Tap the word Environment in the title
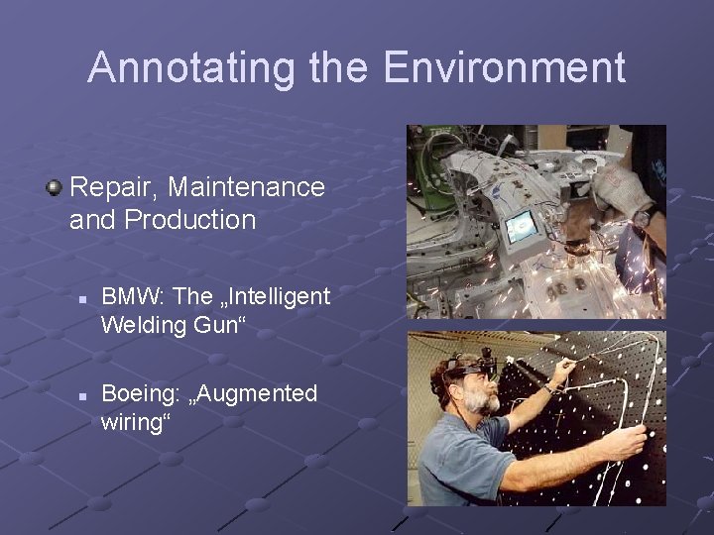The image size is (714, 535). tap(504, 68)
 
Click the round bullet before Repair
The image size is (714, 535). tap(56, 186)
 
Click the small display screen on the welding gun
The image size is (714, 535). tap(520, 228)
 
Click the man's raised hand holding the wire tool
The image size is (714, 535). tap(566, 371)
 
